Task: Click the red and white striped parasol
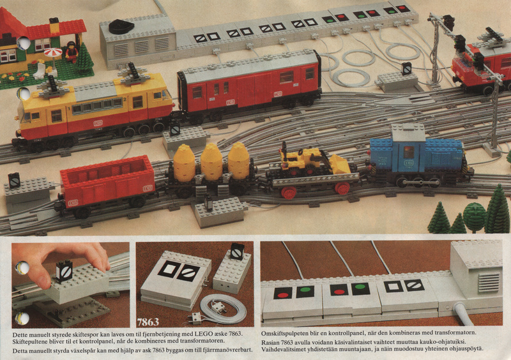tap(53, 52)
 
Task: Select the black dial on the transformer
tap(121, 27)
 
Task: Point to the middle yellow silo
tap(211, 161)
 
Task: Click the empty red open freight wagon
tap(106, 184)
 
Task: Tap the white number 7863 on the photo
tap(148, 322)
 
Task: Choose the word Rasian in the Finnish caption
tap(270, 342)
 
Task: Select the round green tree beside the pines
tap(474, 215)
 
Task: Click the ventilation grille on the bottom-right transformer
tap(488, 282)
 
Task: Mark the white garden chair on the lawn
tap(40, 71)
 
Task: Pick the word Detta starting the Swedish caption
tap(20, 350)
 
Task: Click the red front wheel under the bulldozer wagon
tap(289, 192)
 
